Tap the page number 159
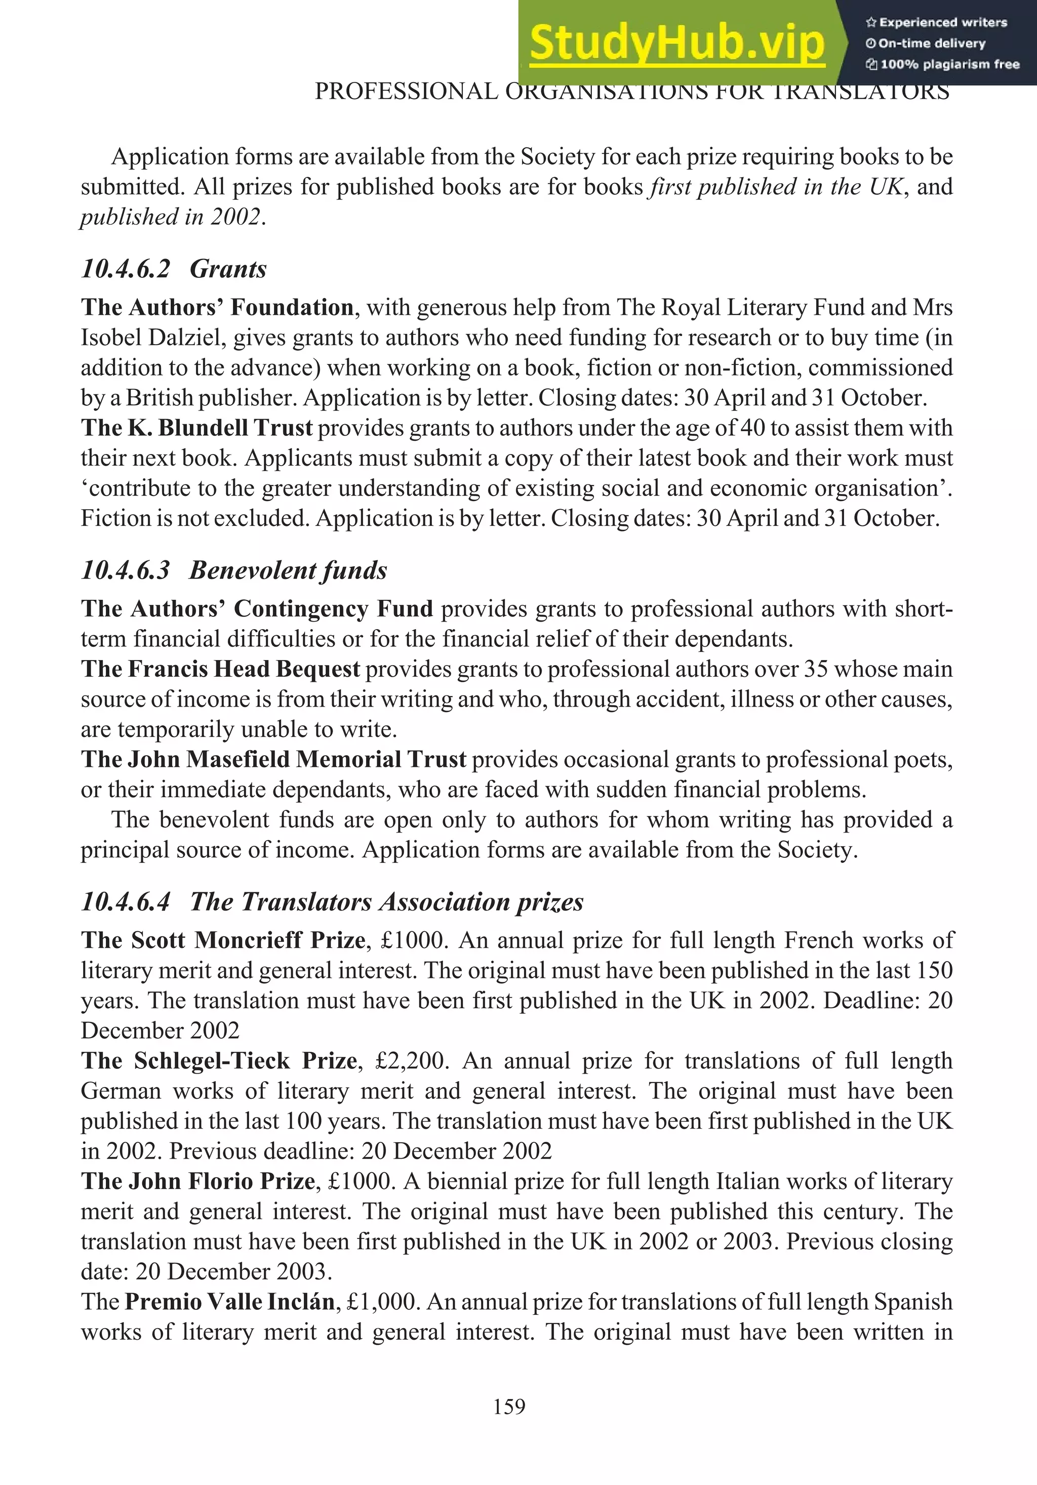tap(509, 1407)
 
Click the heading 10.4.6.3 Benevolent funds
tap(233, 570)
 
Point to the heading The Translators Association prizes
tap(386, 901)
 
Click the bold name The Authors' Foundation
tap(217, 307)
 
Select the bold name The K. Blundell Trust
tap(196, 428)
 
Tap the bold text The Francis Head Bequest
tap(220, 669)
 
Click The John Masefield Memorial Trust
tap(273, 759)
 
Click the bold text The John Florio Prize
tap(197, 1181)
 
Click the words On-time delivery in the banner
tap(932, 44)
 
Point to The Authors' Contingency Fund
tap(257, 608)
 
